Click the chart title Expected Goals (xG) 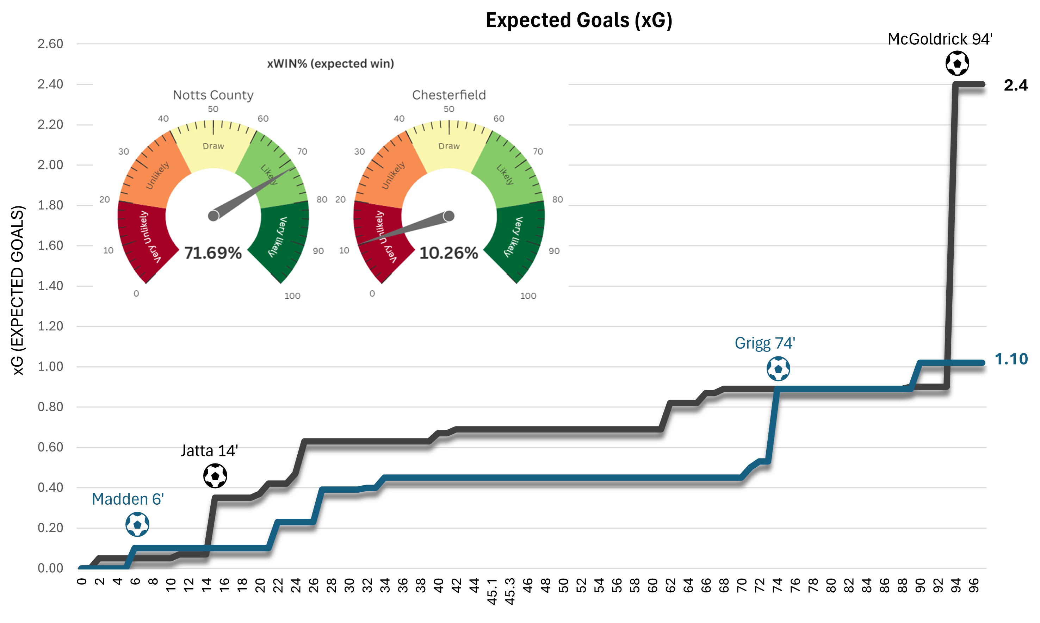[578, 20]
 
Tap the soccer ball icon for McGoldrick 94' [957, 63]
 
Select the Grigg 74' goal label [764, 343]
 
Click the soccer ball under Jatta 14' [215, 476]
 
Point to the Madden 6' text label [128, 499]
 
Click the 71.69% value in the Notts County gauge [213, 253]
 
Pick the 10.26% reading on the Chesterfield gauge [448, 253]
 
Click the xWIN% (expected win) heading [330, 63]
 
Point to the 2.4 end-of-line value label [1015, 85]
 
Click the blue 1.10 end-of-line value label [1011, 359]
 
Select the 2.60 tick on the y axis [50, 44]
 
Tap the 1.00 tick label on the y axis [50, 367]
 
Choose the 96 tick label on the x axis [973, 585]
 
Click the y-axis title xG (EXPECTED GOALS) [18, 290]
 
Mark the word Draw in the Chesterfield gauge [449, 146]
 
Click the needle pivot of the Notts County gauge [213, 216]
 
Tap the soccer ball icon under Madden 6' [137, 524]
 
